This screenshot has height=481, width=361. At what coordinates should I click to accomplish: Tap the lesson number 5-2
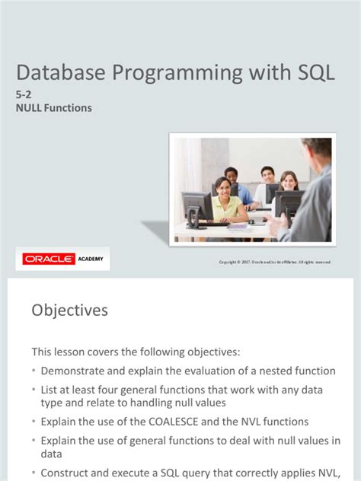(24, 95)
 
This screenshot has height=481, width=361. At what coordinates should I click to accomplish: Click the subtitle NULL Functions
(54, 108)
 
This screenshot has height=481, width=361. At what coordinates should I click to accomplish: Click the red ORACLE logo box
(49, 260)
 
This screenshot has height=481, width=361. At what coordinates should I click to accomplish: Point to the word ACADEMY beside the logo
(91, 260)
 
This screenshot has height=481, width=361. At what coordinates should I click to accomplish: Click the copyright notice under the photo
(275, 263)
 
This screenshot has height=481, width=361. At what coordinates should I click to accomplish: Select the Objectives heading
(69, 311)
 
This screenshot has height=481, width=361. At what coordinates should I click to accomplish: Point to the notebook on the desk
(238, 225)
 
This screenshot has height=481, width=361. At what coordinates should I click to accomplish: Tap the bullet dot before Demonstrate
(34, 371)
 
